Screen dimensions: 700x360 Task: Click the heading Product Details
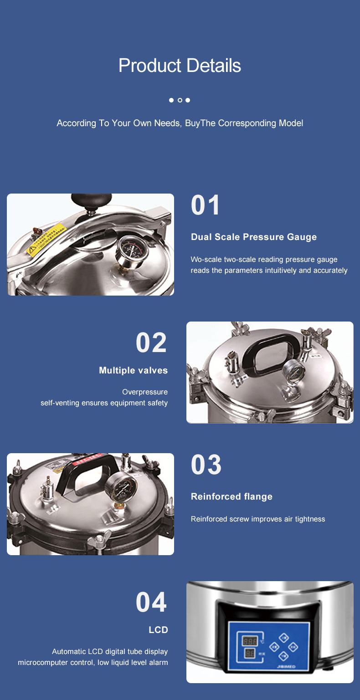(180, 66)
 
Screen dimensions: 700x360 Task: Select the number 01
(206, 205)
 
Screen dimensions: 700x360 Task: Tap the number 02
(151, 342)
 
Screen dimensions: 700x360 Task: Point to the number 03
(206, 465)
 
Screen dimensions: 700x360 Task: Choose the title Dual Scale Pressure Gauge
(254, 237)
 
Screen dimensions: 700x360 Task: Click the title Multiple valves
(133, 370)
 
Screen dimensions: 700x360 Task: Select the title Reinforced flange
(231, 496)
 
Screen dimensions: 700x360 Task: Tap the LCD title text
(158, 630)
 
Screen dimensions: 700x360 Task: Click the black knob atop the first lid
(91, 201)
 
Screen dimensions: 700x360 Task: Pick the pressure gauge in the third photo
(121, 486)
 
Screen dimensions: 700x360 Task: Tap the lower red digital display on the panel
(249, 654)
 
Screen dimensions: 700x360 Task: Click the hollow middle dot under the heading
(180, 100)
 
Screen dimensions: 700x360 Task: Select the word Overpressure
(145, 392)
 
